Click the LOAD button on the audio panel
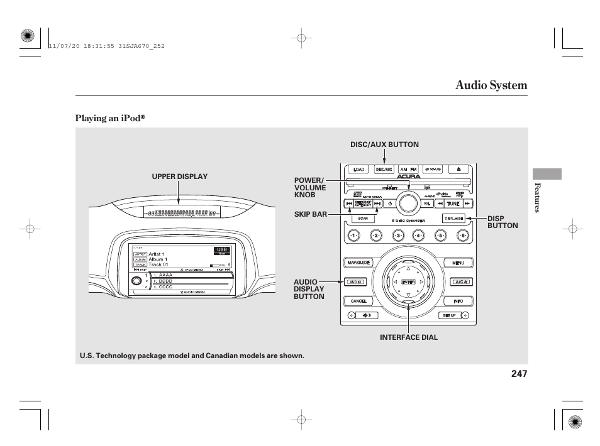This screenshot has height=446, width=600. pyautogui.click(x=359, y=170)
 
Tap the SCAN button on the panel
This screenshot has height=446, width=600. pyautogui.click(x=363, y=219)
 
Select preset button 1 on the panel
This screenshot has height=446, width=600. pyautogui.click(x=353, y=236)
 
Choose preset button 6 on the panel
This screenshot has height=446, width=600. pyautogui.click(x=463, y=236)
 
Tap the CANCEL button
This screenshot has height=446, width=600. pyautogui.click(x=358, y=302)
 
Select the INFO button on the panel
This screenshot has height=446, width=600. pyautogui.click(x=458, y=302)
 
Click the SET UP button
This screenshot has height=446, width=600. pyautogui.click(x=449, y=315)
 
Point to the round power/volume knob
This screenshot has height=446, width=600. pyautogui.click(x=408, y=203)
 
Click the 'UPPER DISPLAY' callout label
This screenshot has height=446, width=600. pyautogui.click(x=179, y=177)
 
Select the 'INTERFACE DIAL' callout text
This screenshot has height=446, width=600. pyautogui.click(x=408, y=337)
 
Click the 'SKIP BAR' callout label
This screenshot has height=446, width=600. pyautogui.click(x=310, y=214)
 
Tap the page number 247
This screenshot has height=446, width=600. pyautogui.click(x=519, y=374)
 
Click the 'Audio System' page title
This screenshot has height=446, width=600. pyautogui.click(x=491, y=85)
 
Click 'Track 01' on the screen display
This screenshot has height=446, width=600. pyautogui.click(x=158, y=264)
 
